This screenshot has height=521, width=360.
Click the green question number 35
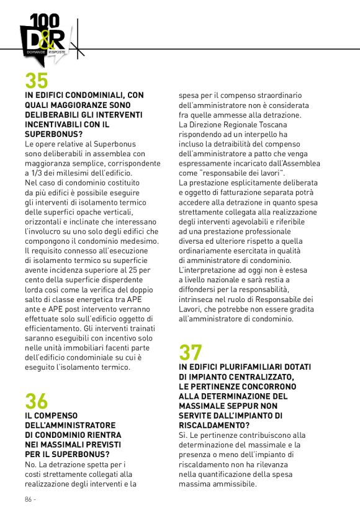click(37, 81)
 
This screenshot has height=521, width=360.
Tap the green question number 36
click(37, 401)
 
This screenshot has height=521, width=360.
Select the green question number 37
click(191, 352)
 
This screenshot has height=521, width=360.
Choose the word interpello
click(258, 134)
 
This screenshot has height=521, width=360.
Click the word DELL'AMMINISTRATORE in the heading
click(70, 425)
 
